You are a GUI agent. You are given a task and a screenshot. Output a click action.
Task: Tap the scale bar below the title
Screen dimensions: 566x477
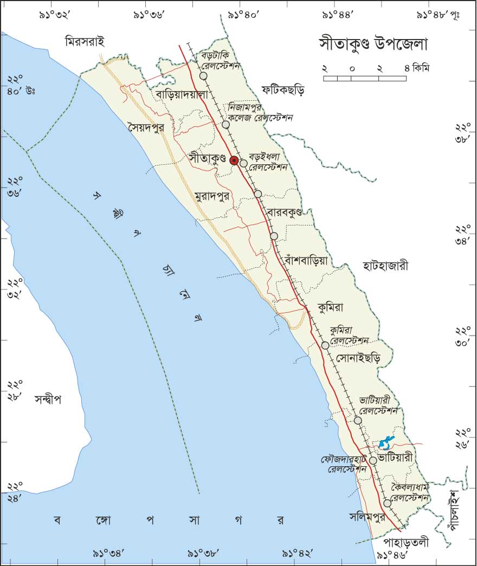[365, 79]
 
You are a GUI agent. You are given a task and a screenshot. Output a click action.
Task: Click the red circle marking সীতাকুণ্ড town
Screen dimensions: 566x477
[234, 160]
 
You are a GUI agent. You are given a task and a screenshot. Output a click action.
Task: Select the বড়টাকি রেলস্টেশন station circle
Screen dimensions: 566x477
[203, 76]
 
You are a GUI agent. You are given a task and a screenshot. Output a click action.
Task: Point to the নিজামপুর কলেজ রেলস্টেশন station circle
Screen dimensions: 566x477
[226, 125]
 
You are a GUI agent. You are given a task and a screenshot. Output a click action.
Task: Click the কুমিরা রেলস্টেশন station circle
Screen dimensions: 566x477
[325, 345]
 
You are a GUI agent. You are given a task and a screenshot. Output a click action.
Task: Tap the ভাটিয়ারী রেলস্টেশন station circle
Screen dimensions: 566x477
[358, 420]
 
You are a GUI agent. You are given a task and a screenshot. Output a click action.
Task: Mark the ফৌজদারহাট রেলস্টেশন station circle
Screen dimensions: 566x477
[373, 461]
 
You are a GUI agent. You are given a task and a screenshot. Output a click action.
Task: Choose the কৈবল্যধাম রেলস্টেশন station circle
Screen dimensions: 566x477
[387, 503]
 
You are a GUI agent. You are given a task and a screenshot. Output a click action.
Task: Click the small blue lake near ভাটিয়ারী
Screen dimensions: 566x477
[385, 444]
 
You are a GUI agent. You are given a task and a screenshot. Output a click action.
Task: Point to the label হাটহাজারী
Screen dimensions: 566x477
[386, 266]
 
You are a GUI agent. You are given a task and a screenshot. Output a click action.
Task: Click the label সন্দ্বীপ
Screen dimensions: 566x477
[48, 400]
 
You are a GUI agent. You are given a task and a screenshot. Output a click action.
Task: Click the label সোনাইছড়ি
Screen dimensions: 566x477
[358, 359]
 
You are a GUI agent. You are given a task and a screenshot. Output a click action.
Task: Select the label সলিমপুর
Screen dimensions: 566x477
[368, 518]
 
